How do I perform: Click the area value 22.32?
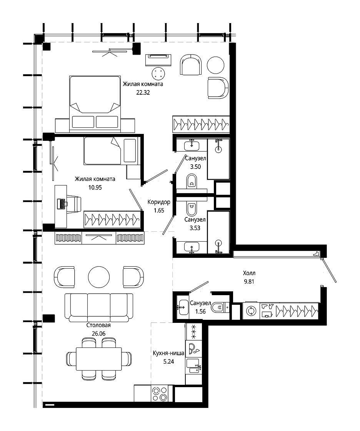click(x=143, y=92)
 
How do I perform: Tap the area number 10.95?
click(x=95, y=187)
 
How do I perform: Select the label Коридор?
click(x=159, y=202)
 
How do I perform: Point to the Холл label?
click(x=249, y=273)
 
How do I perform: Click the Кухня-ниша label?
click(x=168, y=353)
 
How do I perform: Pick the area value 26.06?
click(x=99, y=333)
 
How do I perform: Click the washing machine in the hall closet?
click(x=251, y=311)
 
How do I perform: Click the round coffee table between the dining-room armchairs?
click(x=99, y=277)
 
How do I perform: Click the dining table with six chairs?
click(x=99, y=359)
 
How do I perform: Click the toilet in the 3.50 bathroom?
click(x=192, y=181)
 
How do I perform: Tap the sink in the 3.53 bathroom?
click(x=191, y=247)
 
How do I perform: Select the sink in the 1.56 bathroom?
click(x=182, y=307)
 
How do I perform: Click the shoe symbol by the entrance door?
click(x=317, y=254)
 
